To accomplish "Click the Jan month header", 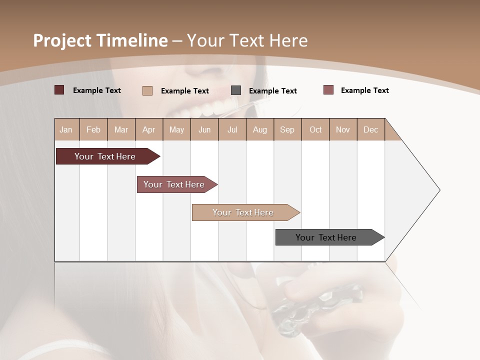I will [x=66, y=129].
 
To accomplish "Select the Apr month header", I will [x=149, y=129].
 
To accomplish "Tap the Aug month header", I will [x=260, y=129].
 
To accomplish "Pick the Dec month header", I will [x=370, y=129].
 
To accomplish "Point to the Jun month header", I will [x=204, y=129].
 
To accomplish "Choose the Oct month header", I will [x=315, y=129].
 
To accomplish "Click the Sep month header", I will [x=287, y=129].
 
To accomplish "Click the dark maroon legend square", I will [x=59, y=90].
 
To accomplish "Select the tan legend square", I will [x=147, y=90].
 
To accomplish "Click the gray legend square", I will [x=236, y=90].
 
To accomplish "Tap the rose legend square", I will [x=328, y=90].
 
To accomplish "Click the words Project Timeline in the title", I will [x=100, y=40].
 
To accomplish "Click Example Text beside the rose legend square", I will [x=365, y=90].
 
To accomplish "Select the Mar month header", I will [x=121, y=129].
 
